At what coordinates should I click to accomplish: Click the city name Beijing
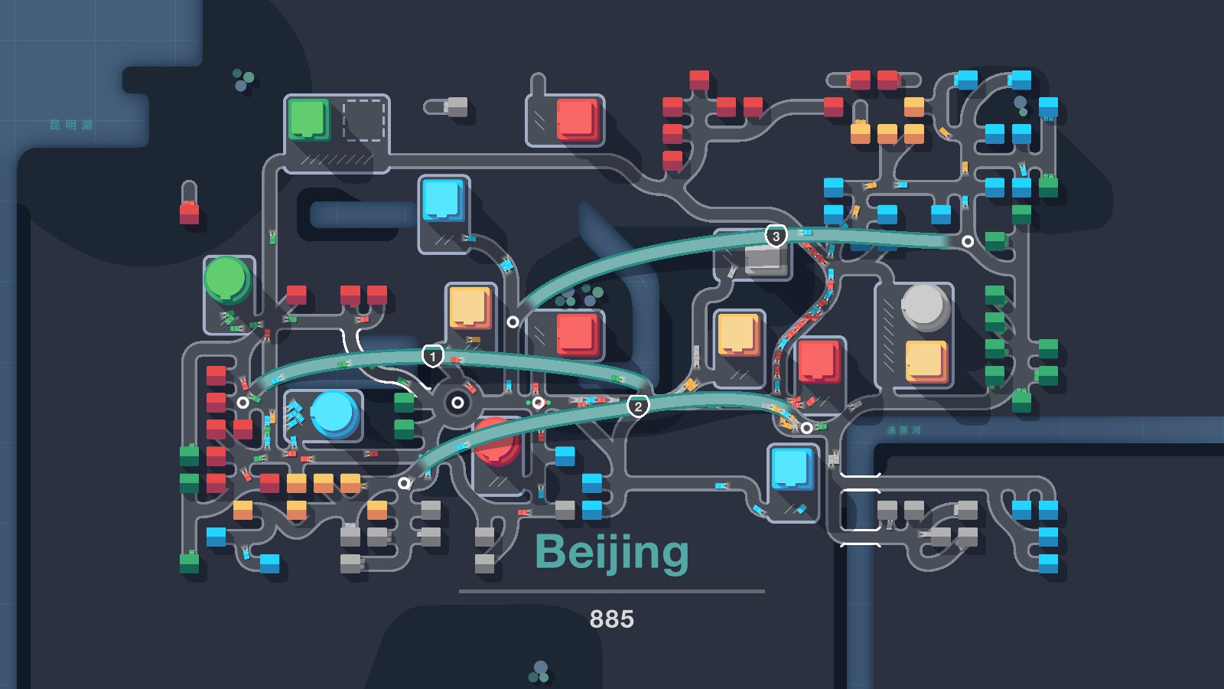(611, 552)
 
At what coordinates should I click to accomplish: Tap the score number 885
(611, 619)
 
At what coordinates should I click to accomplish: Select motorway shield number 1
(433, 356)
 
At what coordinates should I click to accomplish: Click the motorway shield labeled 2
(638, 407)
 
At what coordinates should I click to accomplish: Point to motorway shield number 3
(776, 236)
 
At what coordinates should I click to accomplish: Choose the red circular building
(497, 442)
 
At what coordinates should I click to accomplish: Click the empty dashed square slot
(363, 120)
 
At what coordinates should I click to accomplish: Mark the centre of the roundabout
(457, 402)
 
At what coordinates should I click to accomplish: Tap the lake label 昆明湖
(71, 125)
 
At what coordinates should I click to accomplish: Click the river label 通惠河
(903, 430)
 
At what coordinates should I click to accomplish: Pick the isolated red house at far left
(189, 212)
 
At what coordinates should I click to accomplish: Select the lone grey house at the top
(456, 106)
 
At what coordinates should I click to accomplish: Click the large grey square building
(765, 259)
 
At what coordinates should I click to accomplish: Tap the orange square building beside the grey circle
(926, 361)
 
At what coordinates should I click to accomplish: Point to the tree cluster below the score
(539, 672)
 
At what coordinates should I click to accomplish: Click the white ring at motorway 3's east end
(968, 241)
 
